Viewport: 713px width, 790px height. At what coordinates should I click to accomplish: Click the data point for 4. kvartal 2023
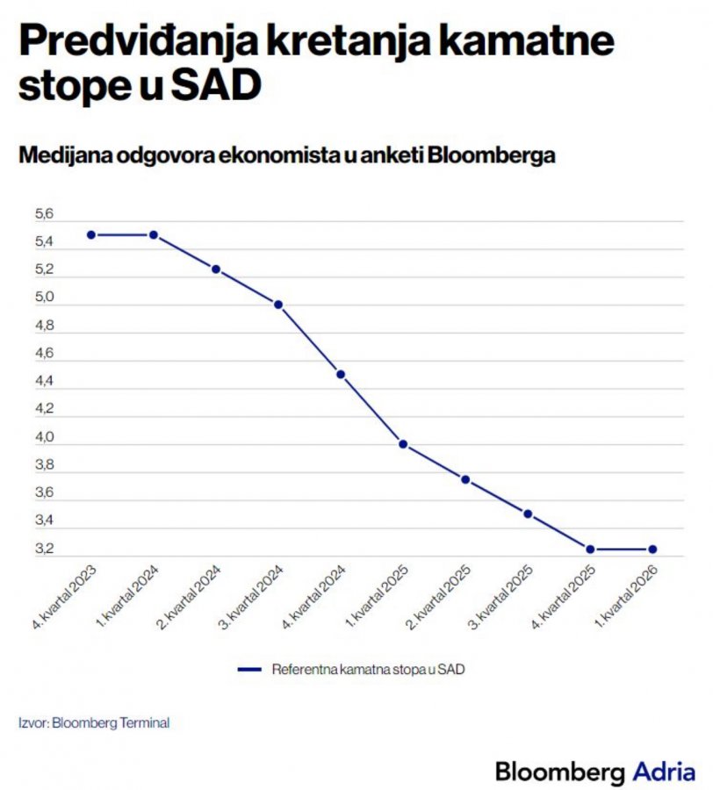coord(90,235)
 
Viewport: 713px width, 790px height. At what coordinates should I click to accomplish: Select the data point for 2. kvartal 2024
coord(216,269)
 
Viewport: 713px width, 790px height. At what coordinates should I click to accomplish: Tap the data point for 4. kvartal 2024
coord(341,374)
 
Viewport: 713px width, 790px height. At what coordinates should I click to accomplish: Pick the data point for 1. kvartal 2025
coord(403,444)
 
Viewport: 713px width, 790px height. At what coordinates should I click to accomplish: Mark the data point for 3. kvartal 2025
coord(528,513)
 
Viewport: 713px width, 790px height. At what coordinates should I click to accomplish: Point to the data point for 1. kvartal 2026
coord(652,549)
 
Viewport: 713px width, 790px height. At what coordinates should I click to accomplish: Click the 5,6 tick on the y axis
coord(44,214)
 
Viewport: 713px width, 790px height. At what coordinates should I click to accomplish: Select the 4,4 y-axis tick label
coord(44,381)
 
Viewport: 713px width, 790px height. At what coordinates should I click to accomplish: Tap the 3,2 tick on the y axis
coord(44,549)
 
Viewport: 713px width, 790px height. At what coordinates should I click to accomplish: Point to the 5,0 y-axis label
coord(44,298)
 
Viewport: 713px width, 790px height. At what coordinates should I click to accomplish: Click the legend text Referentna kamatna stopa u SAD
coord(368,670)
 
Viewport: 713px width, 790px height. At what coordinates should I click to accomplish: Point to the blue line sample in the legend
coord(251,670)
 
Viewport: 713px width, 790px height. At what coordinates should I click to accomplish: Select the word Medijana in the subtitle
coord(63,155)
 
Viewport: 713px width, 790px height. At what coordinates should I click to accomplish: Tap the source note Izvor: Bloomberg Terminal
coord(94,723)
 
